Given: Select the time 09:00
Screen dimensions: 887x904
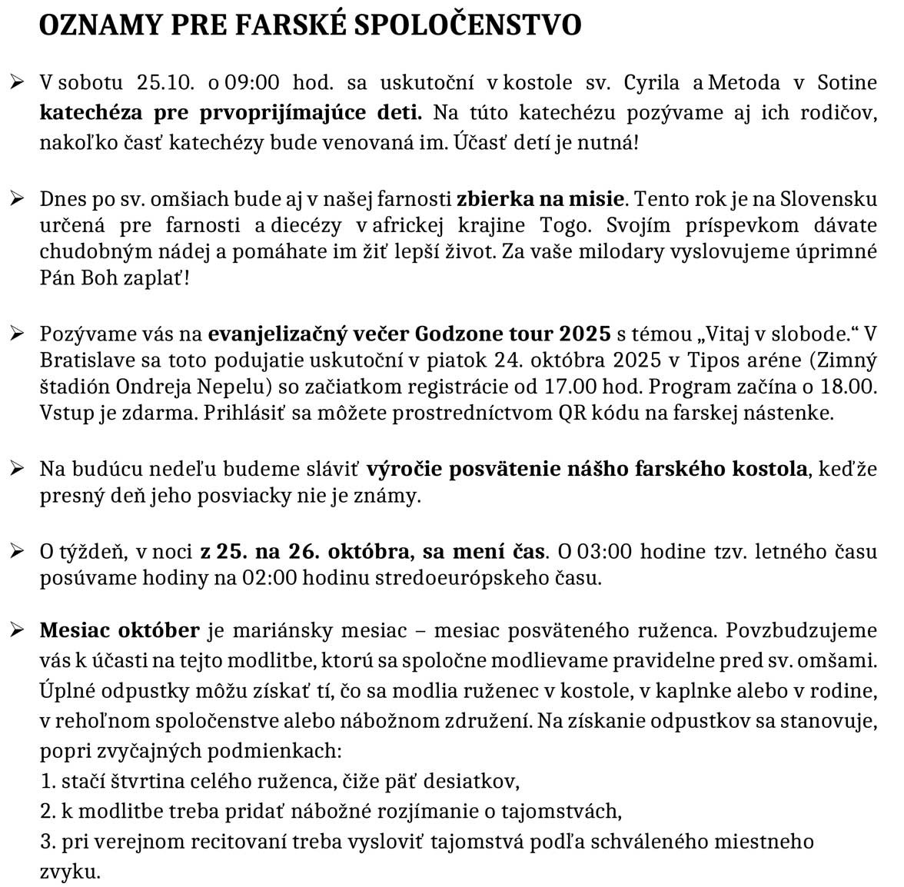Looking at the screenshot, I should [251, 83].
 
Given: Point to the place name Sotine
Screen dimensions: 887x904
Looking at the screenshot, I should [846, 83].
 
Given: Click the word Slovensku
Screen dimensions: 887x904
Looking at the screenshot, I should [829, 199].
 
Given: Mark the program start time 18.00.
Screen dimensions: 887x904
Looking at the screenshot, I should [851, 387].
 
